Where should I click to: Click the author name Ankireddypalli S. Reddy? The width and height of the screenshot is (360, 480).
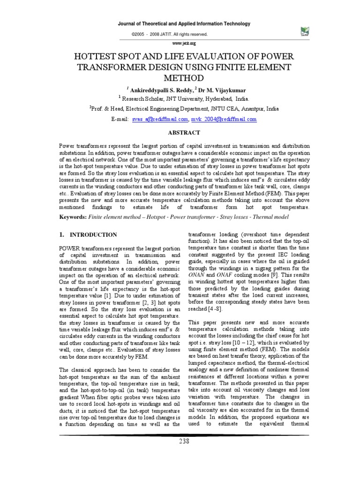tap(158, 90)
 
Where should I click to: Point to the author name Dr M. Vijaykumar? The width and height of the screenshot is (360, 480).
tap(208, 90)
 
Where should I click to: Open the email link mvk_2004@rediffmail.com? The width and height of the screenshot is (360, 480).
tap(224, 120)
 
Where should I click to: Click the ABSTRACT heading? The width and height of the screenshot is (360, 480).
tap(180, 133)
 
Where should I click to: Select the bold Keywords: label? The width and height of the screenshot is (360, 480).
tap(75, 217)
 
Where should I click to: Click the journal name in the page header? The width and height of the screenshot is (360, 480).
tap(180, 24)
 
